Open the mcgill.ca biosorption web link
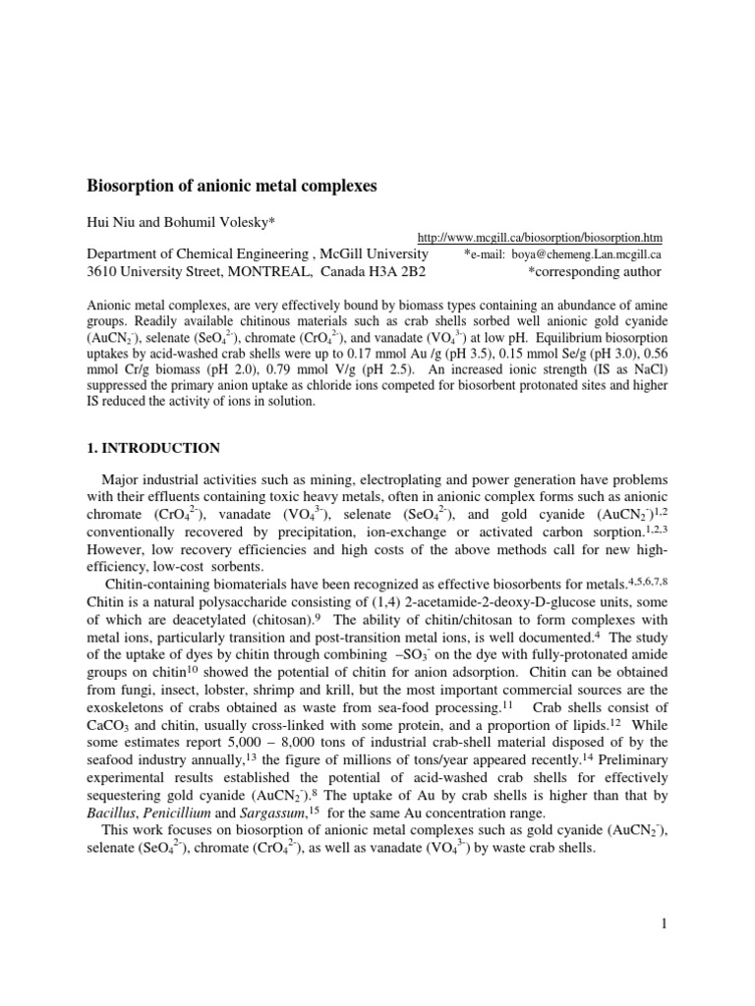click(540, 238)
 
